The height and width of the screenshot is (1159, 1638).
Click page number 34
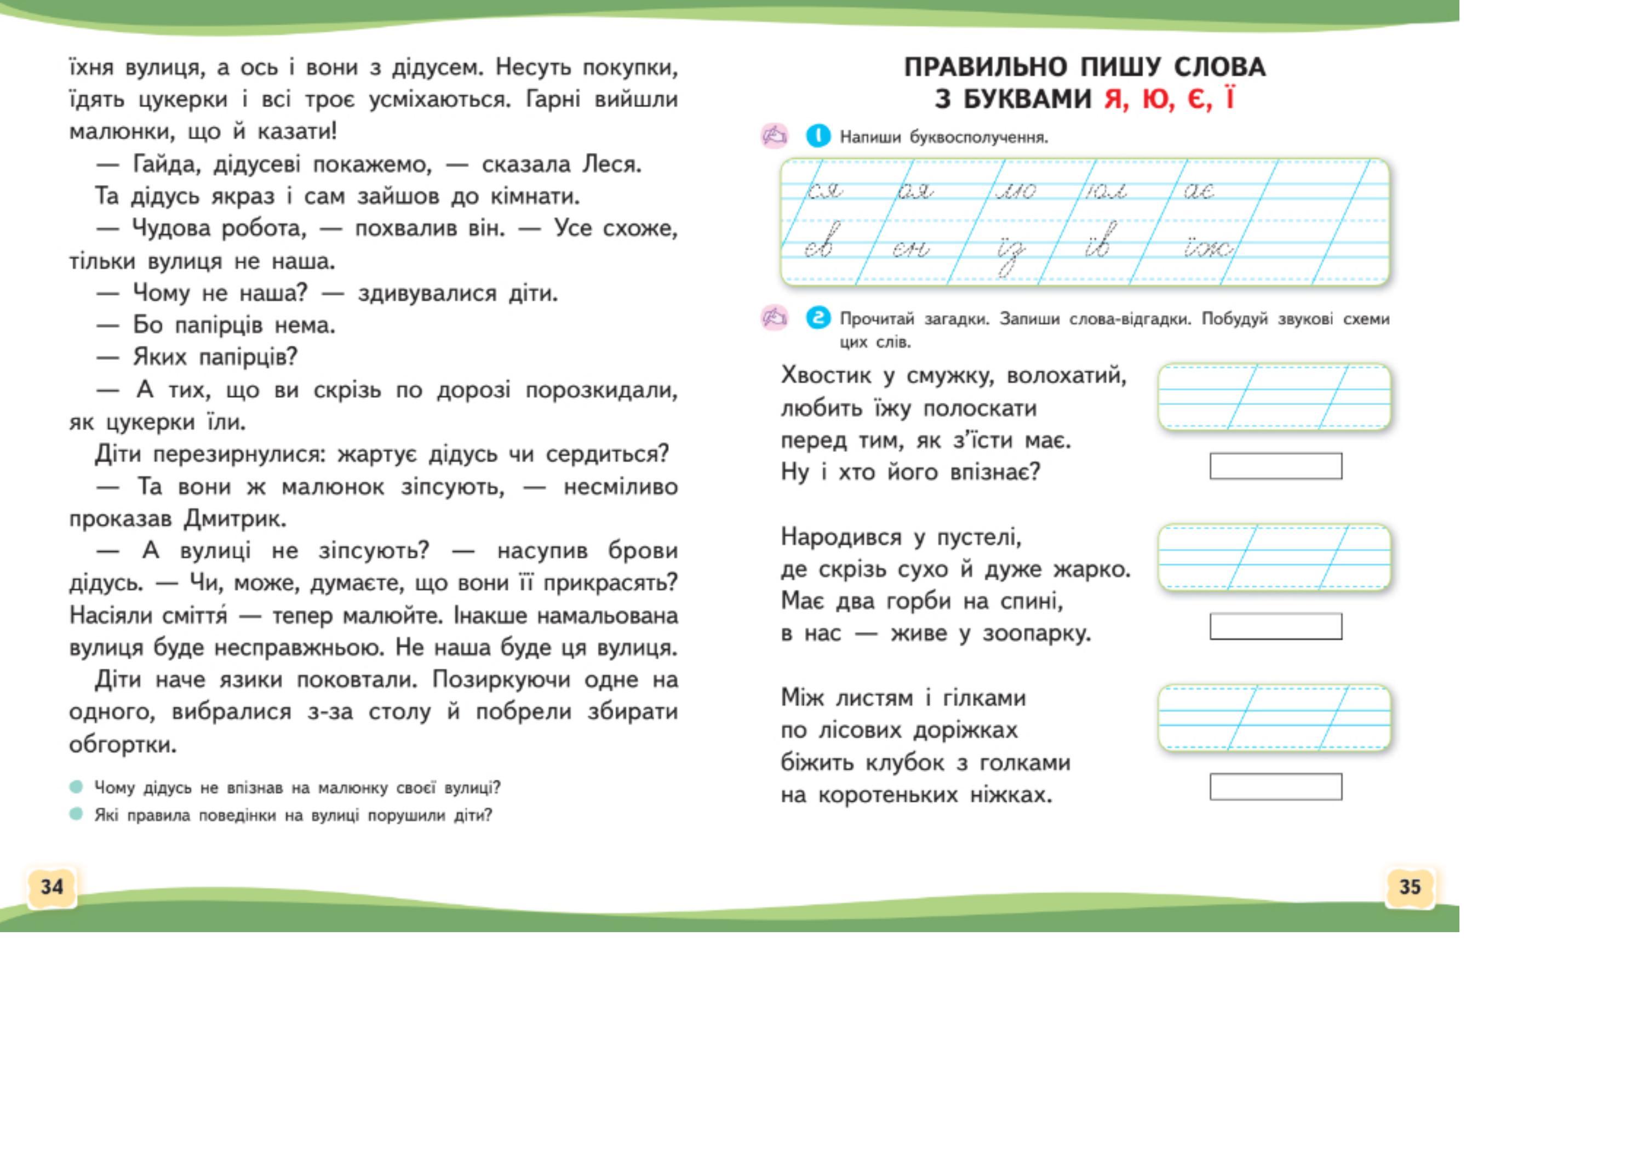pos(51,887)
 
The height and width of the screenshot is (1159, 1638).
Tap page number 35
pos(1410,887)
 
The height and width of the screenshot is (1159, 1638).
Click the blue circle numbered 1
pos(818,135)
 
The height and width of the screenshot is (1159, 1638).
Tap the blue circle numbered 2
pos(818,318)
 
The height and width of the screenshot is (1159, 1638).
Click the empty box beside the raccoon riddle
pos(1275,466)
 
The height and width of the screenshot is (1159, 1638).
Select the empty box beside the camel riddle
pos(1275,626)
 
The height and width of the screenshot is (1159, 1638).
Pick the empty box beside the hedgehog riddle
pos(1275,786)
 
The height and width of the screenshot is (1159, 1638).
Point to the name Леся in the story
pos(611,165)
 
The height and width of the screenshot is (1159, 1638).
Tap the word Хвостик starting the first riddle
pos(826,375)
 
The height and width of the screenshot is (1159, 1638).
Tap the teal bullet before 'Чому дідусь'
pos(76,787)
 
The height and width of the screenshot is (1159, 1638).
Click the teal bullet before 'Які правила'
pos(76,814)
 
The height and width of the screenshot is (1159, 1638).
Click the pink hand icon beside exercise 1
pos(774,135)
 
